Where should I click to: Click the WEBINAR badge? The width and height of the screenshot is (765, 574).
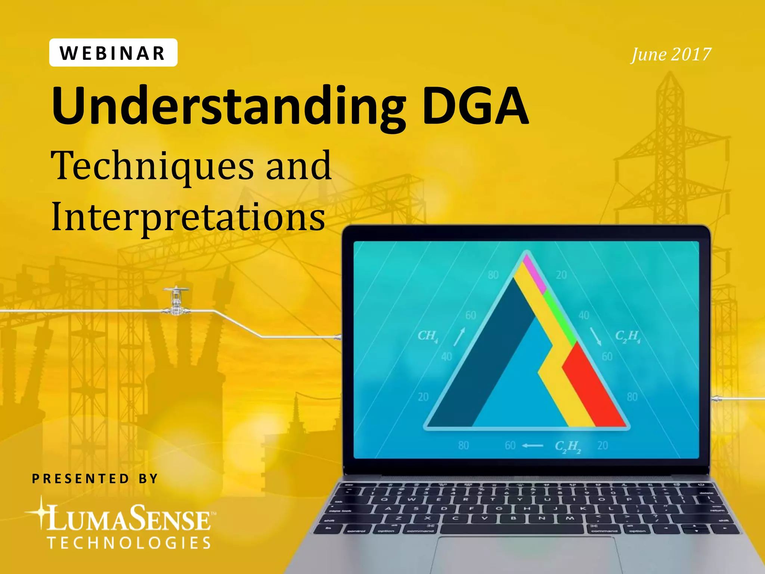click(x=113, y=53)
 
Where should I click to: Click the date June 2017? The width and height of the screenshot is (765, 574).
click(x=670, y=55)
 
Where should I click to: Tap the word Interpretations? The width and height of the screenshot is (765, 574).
click(x=188, y=217)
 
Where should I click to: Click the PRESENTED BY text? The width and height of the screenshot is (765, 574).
click(x=95, y=479)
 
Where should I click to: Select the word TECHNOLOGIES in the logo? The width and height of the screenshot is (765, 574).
click(x=130, y=543)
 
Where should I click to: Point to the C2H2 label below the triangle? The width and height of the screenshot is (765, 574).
click(x=568, y=446)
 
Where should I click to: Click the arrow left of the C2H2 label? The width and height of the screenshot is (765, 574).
click(x=533, y=445)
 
